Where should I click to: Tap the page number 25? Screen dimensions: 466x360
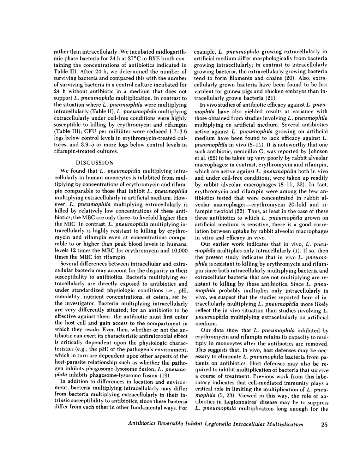point(325,425)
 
